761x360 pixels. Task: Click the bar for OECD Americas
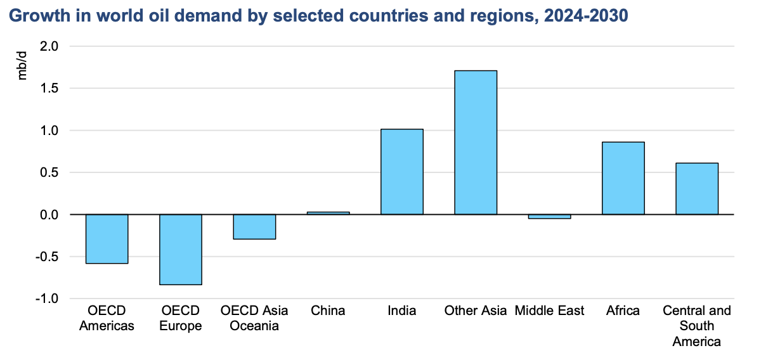pyautogui.click(x=107, y=239)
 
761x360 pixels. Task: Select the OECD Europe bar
pyautogui.click(x=181, y=250)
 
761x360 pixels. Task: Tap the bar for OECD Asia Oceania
pyautogui.click(x=254, y=227)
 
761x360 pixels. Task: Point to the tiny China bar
pyautogui.click(x=328, y=213)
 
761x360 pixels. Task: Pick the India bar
pyautogui.click(x=401, y=172)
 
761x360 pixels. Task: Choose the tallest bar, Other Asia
pyautogui.click(x=476, y=143)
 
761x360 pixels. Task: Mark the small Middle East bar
pyautogui.click(x=549, y=217)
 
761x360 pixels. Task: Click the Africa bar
pyautogui.click(x=623, y=178)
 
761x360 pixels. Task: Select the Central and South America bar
pyautogui.click(x=696, y=189)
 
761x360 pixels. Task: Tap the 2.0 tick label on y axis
pyautogui.click(x=49, y=46)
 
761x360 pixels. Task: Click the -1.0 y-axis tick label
pyautogui.click(x=48, y=299)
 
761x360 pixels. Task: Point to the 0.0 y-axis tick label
pyautogui.click(x=49, y=215)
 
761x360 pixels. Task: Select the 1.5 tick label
pyautogui.click(x=49, y=88)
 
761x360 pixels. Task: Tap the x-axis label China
pyautogui.click(x=328, y=311)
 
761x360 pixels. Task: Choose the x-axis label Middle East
pyautogui.click(x=549, y=311)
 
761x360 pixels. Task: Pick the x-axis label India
pyautogui.click(x=401, y=311)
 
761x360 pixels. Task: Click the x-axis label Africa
pyautogui.click(x=623, y=311)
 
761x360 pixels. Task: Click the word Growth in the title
pyautogui.click(x=34, y=15)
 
